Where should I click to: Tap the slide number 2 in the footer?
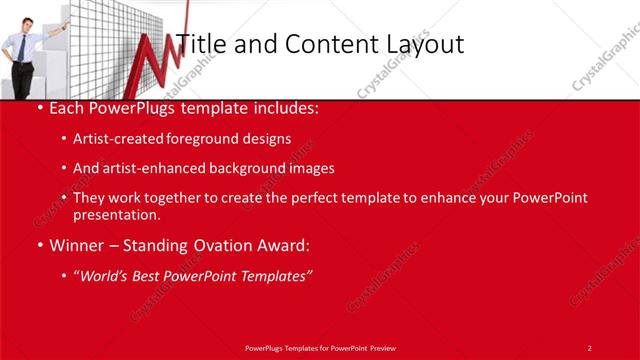(590, 347)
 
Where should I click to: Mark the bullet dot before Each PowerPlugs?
(39, 106)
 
